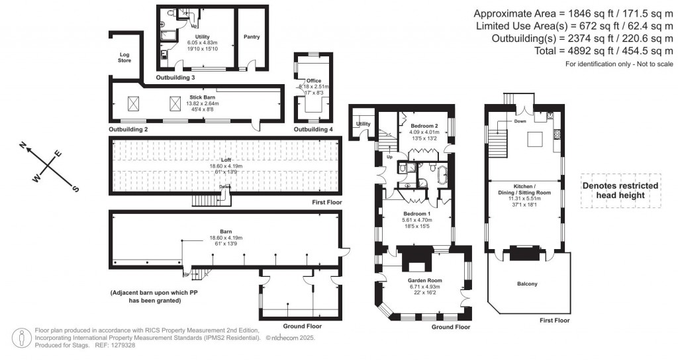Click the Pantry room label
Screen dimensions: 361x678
pos(252,36)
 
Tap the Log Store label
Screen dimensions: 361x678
pos(124,58)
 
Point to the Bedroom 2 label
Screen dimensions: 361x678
pos(424,125)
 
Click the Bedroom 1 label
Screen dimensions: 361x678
pos(417,214)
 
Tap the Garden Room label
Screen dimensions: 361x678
pos(424,281)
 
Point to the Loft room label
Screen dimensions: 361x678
pos(227,160)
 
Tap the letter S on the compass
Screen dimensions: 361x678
pos(75,189)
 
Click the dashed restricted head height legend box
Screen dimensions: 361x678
pos(620,191)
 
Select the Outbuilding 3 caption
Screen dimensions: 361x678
pos(175,77)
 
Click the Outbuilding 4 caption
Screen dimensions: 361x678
pos(313,129)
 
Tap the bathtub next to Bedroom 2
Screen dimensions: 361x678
pos(442,174)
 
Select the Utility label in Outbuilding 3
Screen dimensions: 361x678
pos(202,37)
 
